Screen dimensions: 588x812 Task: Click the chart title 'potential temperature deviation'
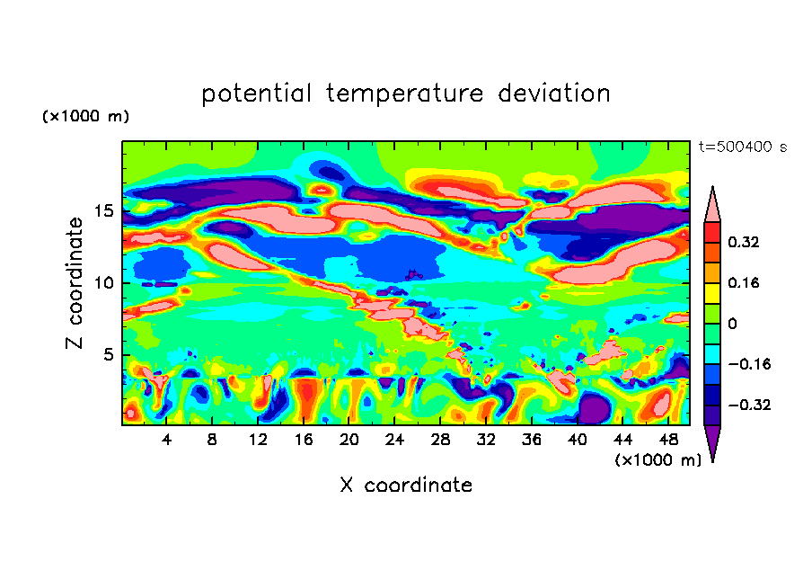406,94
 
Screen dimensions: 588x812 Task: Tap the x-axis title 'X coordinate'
406,486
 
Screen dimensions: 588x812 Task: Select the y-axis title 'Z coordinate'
75,283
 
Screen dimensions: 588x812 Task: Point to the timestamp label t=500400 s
742,147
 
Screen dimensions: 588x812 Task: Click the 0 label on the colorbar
732,324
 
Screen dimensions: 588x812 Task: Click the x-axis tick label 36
531,441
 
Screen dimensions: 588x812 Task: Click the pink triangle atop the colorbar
712,206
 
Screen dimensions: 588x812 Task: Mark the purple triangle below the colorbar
712,441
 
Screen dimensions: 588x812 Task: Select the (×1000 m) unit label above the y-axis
85,117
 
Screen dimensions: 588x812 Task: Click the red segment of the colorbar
712,231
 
